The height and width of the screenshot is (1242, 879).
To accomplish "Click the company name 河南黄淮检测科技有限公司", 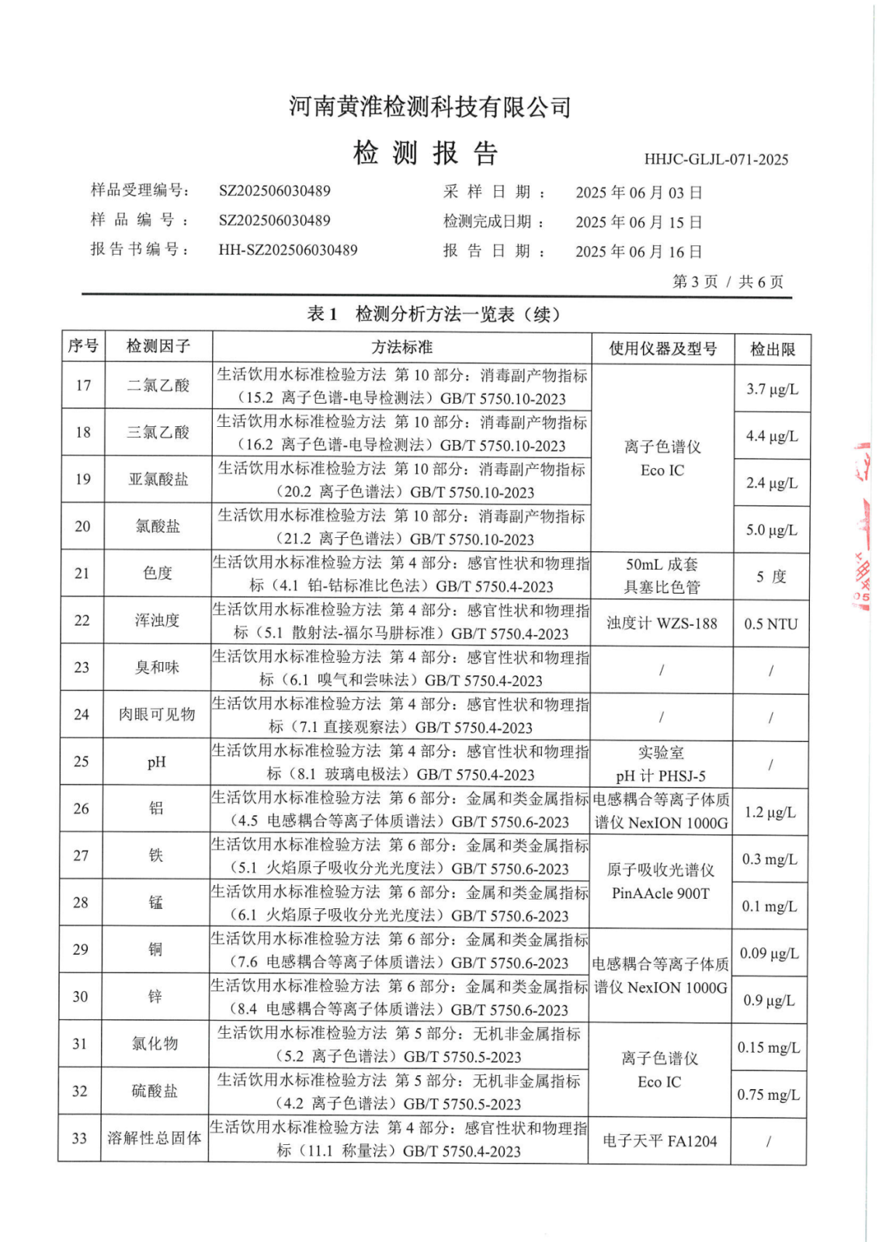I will point(430,107).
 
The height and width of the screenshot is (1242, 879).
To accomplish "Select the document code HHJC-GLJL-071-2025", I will point(715,160).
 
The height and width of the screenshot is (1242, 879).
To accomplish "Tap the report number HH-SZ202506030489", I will point(288,250).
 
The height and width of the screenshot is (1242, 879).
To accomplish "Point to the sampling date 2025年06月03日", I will point(638,193).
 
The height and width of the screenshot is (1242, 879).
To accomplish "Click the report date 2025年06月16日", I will point(638,252).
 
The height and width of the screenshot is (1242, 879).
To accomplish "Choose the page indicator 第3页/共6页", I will point(728,282).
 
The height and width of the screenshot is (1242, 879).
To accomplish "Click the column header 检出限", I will point(772,349).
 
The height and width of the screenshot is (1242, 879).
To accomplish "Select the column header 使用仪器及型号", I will point(662,349).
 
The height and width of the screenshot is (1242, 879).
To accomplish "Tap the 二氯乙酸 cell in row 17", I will point(158,385).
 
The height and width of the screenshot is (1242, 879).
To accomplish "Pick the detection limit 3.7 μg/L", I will point(772,389).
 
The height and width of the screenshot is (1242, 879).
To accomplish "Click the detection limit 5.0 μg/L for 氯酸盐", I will point(772,530).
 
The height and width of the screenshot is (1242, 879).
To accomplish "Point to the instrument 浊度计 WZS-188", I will point(662,623).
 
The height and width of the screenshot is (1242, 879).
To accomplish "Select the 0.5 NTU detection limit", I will point(771,624).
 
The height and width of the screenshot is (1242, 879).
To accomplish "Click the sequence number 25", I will point(82,762).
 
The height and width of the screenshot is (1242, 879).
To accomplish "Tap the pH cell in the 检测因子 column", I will point(157,762).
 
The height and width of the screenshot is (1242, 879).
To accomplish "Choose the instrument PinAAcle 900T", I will point(660,893).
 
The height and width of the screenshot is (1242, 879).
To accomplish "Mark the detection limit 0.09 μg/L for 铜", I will point(769,953).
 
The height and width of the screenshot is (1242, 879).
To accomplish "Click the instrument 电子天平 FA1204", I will point(659,1141).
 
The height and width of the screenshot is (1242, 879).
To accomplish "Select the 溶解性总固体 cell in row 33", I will point(155,1138).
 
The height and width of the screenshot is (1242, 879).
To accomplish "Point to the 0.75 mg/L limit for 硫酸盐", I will point(769,1095).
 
